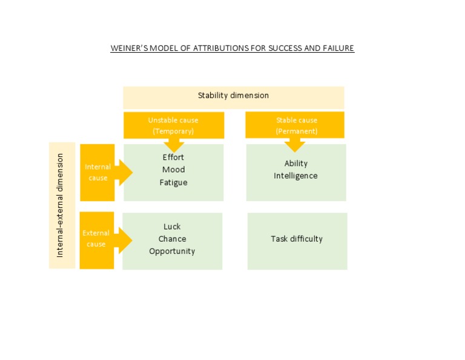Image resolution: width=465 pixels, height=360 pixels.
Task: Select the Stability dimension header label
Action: [233, 96]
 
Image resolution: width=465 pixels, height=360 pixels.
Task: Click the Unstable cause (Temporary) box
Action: [173, 125]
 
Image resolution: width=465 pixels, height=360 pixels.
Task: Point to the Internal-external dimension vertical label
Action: [60, 205]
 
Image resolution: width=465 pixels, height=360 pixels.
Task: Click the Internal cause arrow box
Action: [97, 172]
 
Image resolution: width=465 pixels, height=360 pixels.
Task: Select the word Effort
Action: [173, 157]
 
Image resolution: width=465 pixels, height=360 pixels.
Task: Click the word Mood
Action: [173, 170]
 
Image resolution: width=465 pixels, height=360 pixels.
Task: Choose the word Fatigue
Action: [173, 182]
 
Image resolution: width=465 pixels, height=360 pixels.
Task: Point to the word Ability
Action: [296, 164]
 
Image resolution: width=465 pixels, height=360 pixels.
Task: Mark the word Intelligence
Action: [295, 176]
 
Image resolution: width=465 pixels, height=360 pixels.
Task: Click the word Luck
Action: [172, 227]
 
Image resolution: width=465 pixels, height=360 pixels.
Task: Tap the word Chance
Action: [172, 239]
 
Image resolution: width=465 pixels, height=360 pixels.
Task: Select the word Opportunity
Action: [172, 252]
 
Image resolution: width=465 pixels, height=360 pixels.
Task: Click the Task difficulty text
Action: [297, 239]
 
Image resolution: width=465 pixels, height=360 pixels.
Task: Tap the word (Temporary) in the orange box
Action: [173, 132]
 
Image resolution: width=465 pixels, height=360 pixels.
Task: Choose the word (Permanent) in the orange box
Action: [296, 132]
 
